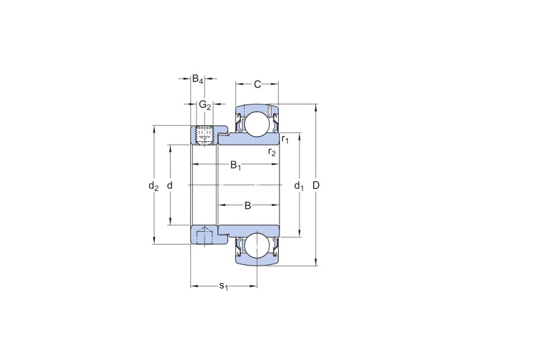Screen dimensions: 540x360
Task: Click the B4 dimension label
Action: (x=198, y=79)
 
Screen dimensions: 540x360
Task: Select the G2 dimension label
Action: (x=205, y=104)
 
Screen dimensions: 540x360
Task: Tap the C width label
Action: (x=257, y=84)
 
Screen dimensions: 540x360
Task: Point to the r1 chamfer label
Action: (x=285, y=139)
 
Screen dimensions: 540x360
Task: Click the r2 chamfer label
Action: (x=272, y=152)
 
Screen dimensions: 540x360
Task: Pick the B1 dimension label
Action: (x=235, y=166)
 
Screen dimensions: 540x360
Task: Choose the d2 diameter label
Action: (x=153, y=186)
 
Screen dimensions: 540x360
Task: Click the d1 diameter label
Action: (x=299, y=186)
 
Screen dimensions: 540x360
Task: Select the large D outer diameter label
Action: (x=316, y=185)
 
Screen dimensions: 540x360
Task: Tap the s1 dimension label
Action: (x=224, y=286)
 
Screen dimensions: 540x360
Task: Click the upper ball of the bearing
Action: (x=257, y=124)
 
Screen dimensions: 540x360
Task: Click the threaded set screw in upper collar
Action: (x=203, y=136)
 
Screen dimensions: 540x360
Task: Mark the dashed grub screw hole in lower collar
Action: (x=204, y=235)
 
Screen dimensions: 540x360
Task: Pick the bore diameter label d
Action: (x=169, y=186)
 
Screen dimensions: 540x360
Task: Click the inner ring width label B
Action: (x=248, y=206)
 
